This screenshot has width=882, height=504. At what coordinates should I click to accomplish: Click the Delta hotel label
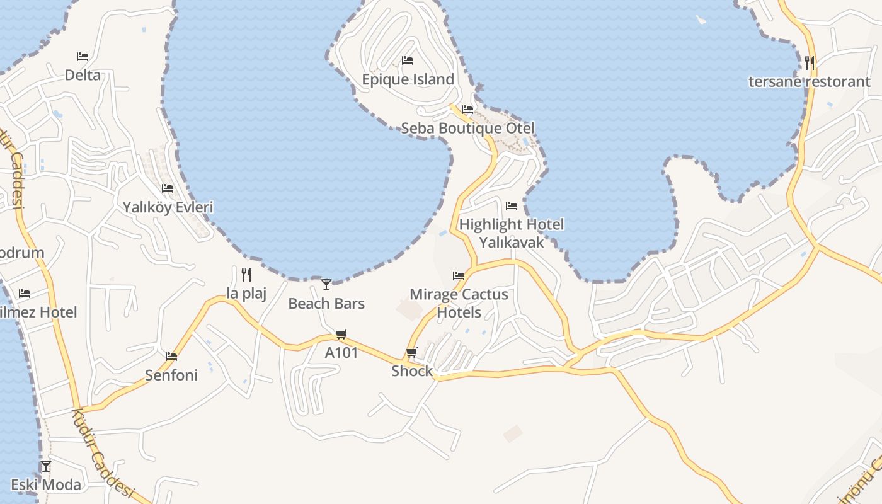pos(83,75)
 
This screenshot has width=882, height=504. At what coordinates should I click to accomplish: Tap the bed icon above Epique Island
pos(408,60)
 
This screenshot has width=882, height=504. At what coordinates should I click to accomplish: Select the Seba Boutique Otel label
pos(467,129)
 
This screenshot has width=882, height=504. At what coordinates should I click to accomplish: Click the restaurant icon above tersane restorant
pos(810,63)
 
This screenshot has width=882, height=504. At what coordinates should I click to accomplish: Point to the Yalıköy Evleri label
pos(168,207)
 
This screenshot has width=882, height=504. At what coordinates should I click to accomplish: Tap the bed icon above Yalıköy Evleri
pos(168,188)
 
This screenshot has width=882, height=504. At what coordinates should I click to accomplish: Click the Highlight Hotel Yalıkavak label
pos(511,233)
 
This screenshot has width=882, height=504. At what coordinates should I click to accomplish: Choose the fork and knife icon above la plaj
pos(246,274)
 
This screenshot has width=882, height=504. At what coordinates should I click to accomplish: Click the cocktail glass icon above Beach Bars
pos(326,285)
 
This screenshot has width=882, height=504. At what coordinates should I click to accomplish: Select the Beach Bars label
pos(326,304)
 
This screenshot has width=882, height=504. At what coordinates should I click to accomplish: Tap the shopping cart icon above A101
pos(341,334)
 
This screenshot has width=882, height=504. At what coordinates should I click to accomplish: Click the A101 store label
pos(341,353)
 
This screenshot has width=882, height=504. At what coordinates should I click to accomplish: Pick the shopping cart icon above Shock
pos(412,352)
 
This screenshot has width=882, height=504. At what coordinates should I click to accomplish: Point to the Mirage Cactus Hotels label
pos(459,303)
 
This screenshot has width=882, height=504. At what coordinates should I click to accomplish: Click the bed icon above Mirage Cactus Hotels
pos(459,275)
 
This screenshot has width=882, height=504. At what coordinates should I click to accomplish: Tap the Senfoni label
pos(171,375)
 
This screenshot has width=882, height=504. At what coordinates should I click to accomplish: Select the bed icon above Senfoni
pos(171,357)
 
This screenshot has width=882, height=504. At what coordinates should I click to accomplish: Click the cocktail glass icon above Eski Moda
pos(46,466)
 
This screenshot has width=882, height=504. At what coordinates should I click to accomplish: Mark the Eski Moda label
pos(46,485)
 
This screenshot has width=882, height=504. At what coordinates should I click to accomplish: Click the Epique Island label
pos(408,79)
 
